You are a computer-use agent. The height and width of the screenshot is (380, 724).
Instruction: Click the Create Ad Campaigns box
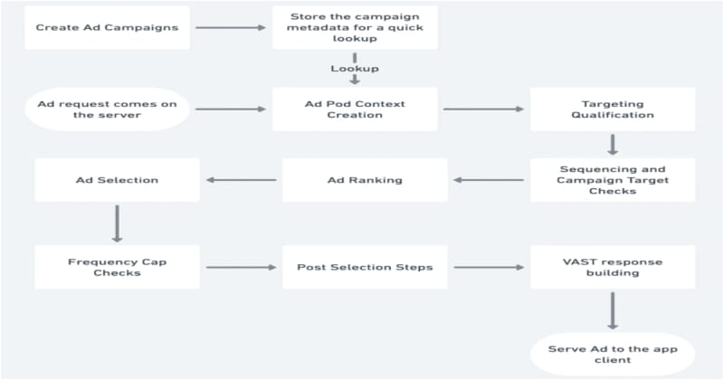tap(107, 28)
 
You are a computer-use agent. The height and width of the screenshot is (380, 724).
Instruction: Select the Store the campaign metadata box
tap(355, 28)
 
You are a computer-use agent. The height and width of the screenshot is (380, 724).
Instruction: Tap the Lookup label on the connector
tap(355, 69)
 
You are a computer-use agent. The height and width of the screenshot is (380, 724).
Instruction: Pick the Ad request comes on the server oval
tap(107, 109)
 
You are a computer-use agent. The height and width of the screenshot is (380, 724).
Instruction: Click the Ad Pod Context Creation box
tap(355, 109)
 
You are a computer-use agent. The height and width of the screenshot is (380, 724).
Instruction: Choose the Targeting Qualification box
tap(613, 109)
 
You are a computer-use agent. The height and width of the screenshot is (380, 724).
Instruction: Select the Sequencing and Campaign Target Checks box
tap(613, 180)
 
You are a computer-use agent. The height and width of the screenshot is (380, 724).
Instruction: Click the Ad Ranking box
tap(365, 180)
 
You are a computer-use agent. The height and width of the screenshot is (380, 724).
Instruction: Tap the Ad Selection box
tap(118, 180)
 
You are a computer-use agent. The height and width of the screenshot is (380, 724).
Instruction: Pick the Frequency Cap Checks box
tap(118, 267)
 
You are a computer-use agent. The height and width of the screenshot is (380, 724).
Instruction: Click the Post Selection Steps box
tap(365, 267)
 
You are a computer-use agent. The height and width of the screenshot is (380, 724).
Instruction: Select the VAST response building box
tap(613, 267)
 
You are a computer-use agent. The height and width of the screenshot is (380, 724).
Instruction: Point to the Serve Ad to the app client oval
tap(613, 355)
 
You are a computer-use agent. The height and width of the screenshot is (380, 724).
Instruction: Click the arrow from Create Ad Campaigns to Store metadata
tap(231, 28)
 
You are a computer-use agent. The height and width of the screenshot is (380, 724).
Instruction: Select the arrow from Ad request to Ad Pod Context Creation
tap(231, 109)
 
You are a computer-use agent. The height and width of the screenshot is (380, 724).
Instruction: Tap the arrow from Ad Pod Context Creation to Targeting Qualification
tap(483, 109)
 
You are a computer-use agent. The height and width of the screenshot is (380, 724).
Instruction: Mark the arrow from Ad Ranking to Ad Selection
tap(241, 180)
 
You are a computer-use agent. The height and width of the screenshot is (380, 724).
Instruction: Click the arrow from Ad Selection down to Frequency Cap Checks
tap(118, 224)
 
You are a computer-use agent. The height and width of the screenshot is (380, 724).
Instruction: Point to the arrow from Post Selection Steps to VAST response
tap(489, 267)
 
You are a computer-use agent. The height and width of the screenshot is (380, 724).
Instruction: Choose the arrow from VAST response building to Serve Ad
tap(613, 310)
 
